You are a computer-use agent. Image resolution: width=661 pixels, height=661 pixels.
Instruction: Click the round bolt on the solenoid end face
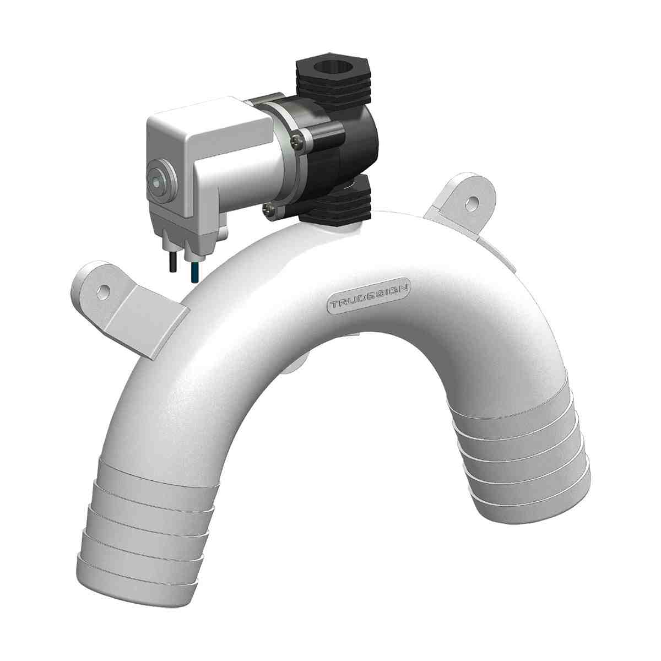tap(159, 179)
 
